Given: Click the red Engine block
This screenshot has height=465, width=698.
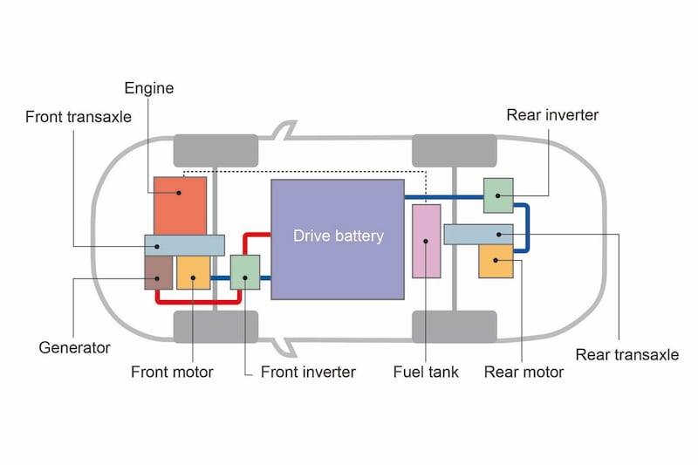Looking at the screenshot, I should pos(180,205).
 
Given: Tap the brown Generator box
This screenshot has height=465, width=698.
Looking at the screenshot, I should pos(158,272).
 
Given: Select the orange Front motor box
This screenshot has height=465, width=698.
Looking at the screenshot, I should pos(193,272).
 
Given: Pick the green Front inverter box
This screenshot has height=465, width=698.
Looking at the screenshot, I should pos(245,271).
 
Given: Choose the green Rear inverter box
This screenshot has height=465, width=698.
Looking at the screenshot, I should pos(498,195).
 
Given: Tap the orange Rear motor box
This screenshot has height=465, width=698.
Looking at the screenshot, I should pos(496,262).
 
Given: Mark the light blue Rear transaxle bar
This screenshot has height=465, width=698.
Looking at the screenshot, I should pos(478,234).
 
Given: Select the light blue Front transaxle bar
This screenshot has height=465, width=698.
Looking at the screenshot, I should pos(184,244).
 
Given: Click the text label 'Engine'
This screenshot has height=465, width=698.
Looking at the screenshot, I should pos(149,88).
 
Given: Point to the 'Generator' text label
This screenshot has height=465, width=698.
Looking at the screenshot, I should pos(75,347).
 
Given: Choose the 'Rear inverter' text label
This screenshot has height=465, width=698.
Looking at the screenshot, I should pos(552,114).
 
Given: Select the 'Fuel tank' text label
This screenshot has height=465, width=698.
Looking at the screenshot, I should pos(426,372).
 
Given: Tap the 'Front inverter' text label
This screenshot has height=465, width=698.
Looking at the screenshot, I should pos(308,372).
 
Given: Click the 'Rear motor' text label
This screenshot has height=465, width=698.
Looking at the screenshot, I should pos(523,372).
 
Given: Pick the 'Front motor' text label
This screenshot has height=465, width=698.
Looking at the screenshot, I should pos(172,372).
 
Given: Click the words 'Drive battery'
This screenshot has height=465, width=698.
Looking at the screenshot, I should pos(338,236).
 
